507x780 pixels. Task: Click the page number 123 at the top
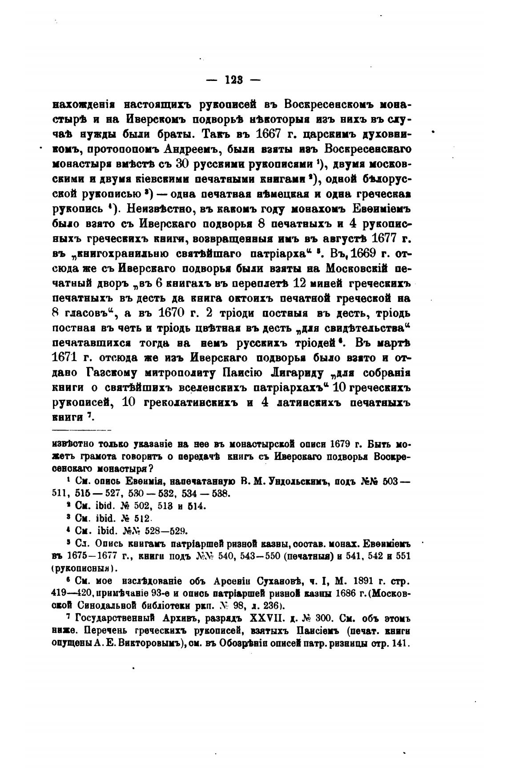point(233,80)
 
